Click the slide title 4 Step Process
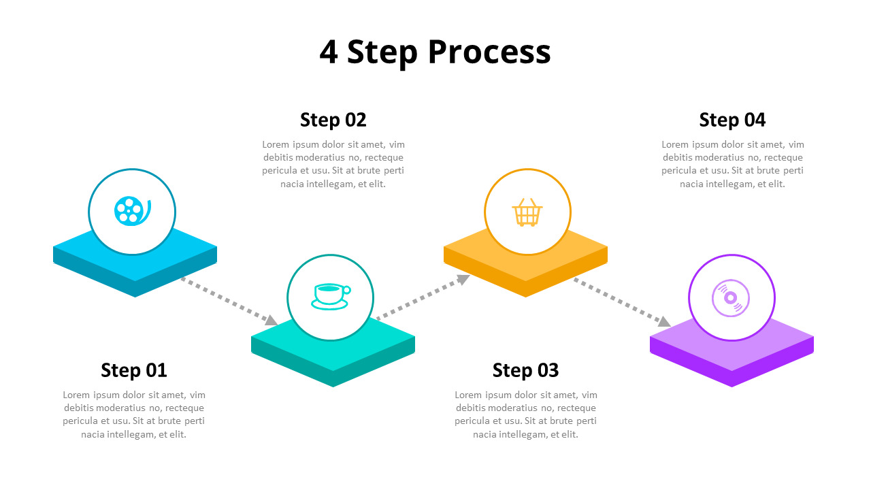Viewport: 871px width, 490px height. click(x=435, y=52)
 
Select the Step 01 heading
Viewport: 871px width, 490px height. click(x=134, y=370)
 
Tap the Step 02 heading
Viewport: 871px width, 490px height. click(x=333, y=120)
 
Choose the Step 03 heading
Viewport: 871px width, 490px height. click(x=525, y=370)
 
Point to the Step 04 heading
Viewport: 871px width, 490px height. click(x=732, y=120)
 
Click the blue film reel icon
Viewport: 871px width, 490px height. click(x=132, y=210)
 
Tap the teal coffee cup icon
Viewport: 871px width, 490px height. click(x=331, y=296)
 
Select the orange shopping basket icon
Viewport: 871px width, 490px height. click(x=527, y=212)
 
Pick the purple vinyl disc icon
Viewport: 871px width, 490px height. click(x=731, y=298)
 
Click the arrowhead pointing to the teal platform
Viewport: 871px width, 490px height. click(x=270, y=320)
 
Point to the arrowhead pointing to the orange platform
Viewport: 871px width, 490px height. click(x=463, y=278)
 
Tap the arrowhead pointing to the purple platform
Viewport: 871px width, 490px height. click(x=664, y=321)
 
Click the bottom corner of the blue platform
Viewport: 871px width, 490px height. click(x=135, y=296)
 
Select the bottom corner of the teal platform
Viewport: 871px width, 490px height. click(x=333, y=386)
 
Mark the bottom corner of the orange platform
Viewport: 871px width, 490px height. click(x=525, y=296)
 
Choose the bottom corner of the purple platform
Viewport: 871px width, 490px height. click(x=732, y=386)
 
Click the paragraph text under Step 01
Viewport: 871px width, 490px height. click(x=134, y=414)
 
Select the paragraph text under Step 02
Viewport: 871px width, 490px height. click(x=333, y=164)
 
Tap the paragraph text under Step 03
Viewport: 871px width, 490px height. click(x=526, y=414)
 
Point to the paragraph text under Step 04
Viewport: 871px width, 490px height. click(x=733, y=164)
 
